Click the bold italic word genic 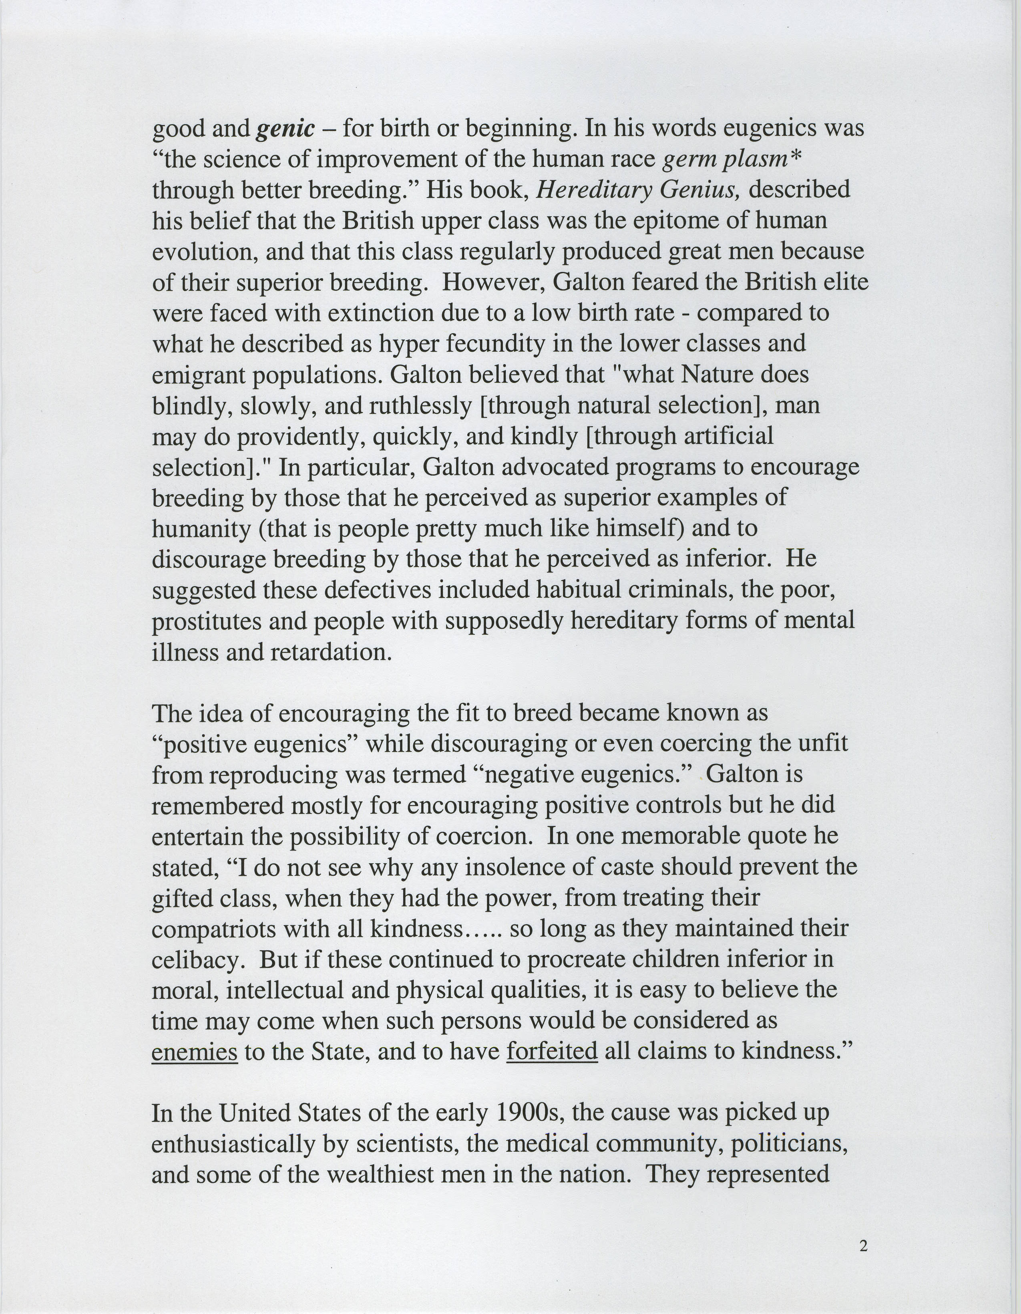pyautogui.click(x=285, y=129)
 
